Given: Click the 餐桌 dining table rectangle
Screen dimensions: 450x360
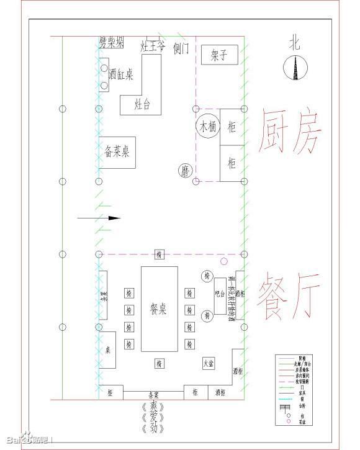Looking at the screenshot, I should (x=159, y=309).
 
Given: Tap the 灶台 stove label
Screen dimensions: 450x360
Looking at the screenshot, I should (x=142, y=104).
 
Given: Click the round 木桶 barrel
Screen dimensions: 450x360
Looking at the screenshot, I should (x=207, y=126).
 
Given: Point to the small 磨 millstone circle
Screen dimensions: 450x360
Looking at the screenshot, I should (x=185, y=169).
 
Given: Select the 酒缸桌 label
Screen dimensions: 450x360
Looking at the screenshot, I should (x=120, y=74).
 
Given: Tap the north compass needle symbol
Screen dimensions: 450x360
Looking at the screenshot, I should (x=294, y=68).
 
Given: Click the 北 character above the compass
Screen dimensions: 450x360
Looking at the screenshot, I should (x=294, y=42).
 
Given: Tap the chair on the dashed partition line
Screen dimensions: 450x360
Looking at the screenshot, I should (x=160, y=254).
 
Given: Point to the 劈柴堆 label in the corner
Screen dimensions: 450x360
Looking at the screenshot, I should (x=111, y=43).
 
